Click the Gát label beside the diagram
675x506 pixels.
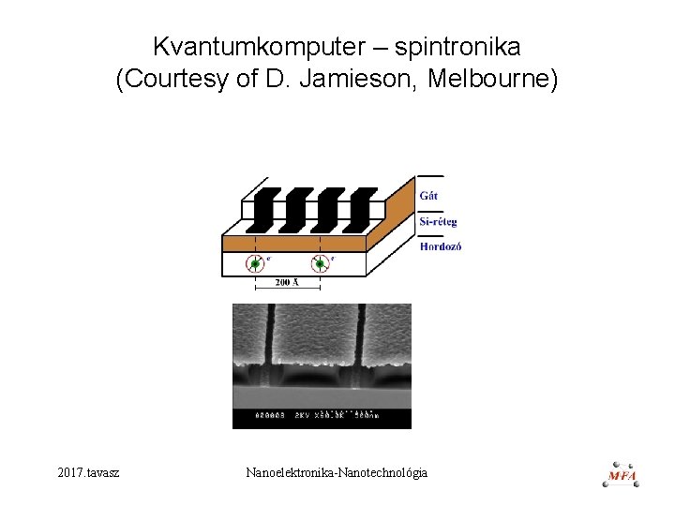[428, 196]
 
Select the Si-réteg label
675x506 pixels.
[438, 222]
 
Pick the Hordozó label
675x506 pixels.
[440, 246]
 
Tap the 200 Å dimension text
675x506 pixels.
[287, 282]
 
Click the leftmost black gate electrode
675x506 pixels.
[262, 209]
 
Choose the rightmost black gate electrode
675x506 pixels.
[359, 209]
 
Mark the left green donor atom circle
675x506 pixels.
[255, 264]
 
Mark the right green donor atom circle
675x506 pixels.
[319, 264]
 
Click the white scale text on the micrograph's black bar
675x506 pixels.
[319, 413]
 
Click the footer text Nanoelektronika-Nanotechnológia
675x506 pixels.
[336, 472]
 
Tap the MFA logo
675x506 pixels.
[622, 473]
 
